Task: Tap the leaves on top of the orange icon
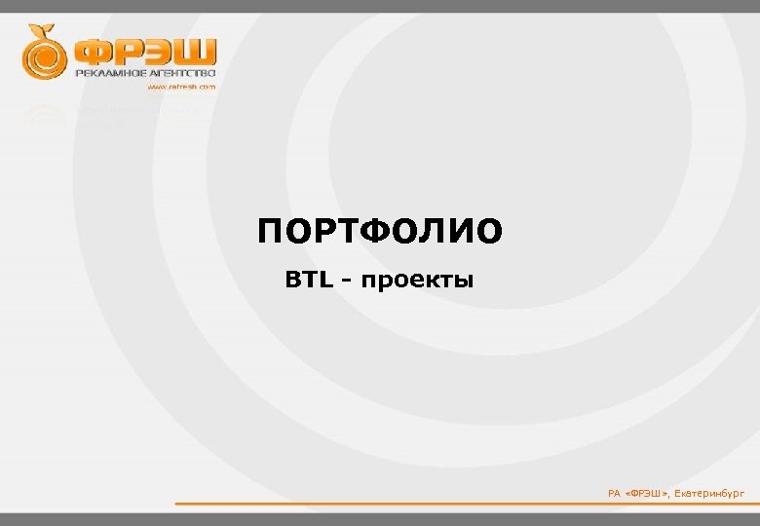tap(40, 29)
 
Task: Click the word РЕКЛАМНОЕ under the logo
tap(111, 74)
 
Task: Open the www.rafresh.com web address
tap(181, 87)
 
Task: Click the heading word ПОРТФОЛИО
tap(380, 233)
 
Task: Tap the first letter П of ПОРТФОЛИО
tap(272, 233)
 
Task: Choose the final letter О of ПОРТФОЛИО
tap(490, 233)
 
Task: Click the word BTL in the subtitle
tap(309, 282)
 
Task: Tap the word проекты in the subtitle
tap(417, 282)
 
